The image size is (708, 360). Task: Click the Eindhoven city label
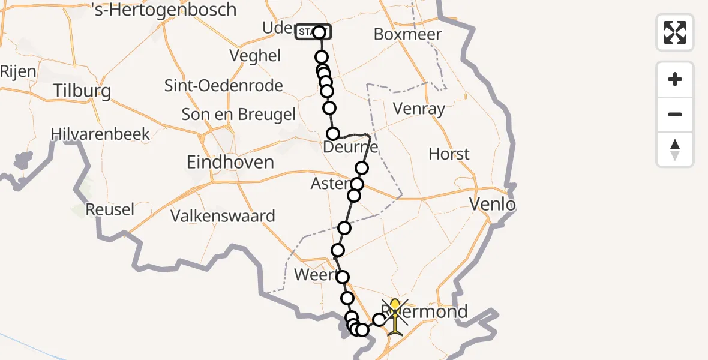[x=230, y=162]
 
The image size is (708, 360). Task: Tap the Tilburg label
[x=82, y=91]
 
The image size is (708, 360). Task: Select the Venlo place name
[x=492, y=205]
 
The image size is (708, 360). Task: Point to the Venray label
[x=419, y=109]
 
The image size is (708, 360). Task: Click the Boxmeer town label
[x=407, y=34]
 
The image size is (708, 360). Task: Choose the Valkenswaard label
[x=223, y=216]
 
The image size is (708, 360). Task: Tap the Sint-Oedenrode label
[x=224, y=86]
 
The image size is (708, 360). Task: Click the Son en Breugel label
[x=238, y=115]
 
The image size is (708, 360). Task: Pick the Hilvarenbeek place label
[x=100, y=134]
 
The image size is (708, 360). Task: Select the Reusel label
[x=110, y=210]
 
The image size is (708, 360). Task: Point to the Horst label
[x=449, y=154]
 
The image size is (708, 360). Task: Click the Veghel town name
[x=255, y=56]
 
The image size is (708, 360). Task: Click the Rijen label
[x=18, y=71]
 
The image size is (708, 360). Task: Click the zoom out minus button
[x=675, y=115]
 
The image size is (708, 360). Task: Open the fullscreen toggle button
[x=675, y=32]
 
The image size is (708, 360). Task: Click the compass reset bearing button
[x=675, y=149]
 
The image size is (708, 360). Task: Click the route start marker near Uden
[x=312, y=32]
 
